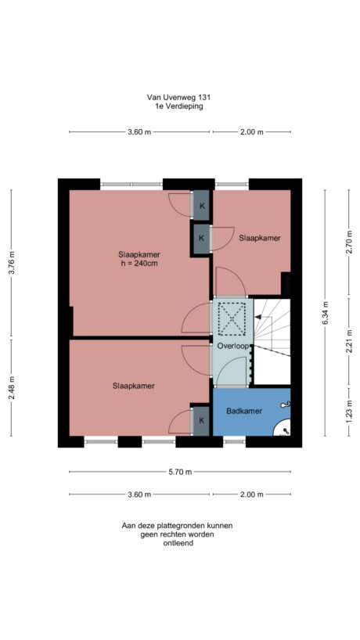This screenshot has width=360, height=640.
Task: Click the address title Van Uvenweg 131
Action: click(179, 98)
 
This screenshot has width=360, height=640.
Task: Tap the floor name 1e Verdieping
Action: click(179, 107)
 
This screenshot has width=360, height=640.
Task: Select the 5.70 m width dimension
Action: click(179, 472)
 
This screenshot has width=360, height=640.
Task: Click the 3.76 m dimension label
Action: click(11, 263)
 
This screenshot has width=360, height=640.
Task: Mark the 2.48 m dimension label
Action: click(11, 388)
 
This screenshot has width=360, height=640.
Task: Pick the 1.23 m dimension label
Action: click(349, 412)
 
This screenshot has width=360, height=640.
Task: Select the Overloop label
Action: click(232, 345)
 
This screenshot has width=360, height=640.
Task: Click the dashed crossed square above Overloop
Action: click(232, 318)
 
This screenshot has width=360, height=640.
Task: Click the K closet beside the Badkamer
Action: click(201, 421)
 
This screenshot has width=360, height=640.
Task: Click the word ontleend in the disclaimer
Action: click(179, 543)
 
